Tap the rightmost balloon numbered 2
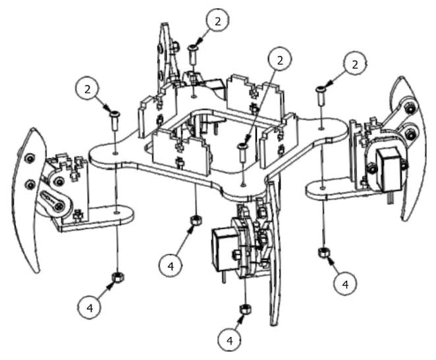coord(354,64)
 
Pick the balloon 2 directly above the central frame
coord(281,60)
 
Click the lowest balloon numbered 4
coord(230,340)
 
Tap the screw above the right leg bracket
coord(321,95)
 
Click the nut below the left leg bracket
coord(117,275)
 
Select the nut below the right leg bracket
coord(323,252)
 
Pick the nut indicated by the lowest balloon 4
coord(244,309)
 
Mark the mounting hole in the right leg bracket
coord(321,188)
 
